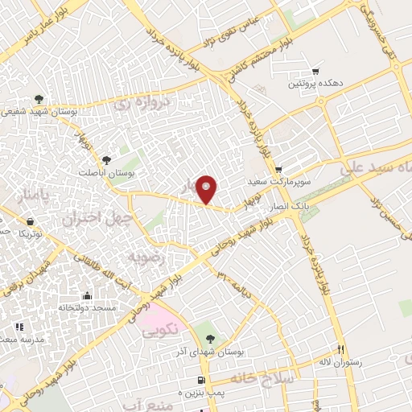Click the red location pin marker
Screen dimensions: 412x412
(207, 190)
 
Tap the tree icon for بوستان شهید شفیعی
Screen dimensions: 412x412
(39, 101)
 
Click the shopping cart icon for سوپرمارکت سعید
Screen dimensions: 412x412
(278, 170)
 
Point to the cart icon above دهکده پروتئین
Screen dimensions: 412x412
(315, 71)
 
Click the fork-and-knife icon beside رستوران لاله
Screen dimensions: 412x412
(340, 349)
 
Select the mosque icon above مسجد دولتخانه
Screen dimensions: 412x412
(86, 295)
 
